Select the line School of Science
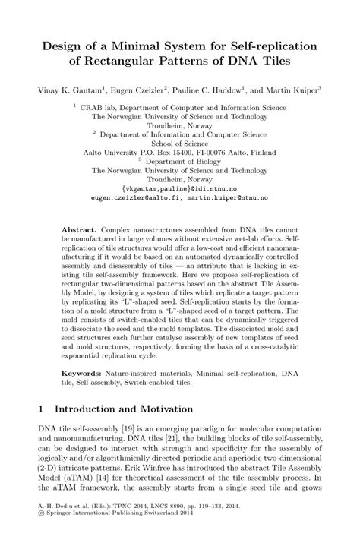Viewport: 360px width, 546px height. coord(180,141)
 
